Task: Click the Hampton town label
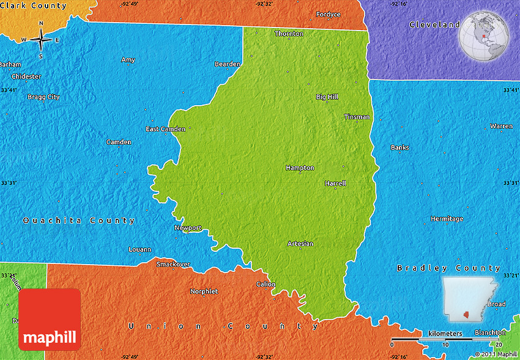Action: (300, 167)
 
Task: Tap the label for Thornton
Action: (289, 34)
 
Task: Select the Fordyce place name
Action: (328, 14)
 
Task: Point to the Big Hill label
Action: (327, 97)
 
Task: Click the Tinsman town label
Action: (357, 117)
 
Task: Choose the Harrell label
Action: (335, 183)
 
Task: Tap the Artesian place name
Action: (300, 244)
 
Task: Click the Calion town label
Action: (266, 284)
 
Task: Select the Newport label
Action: (188, 228)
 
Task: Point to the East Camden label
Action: (165, 129)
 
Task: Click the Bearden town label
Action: (228, 64)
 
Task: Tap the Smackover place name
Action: (173, 264)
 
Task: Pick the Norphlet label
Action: (204, 292)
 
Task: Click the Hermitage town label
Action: (447, 219)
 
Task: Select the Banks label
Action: (400, 147)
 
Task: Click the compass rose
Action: (41, 40)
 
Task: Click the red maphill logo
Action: (50, 320)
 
